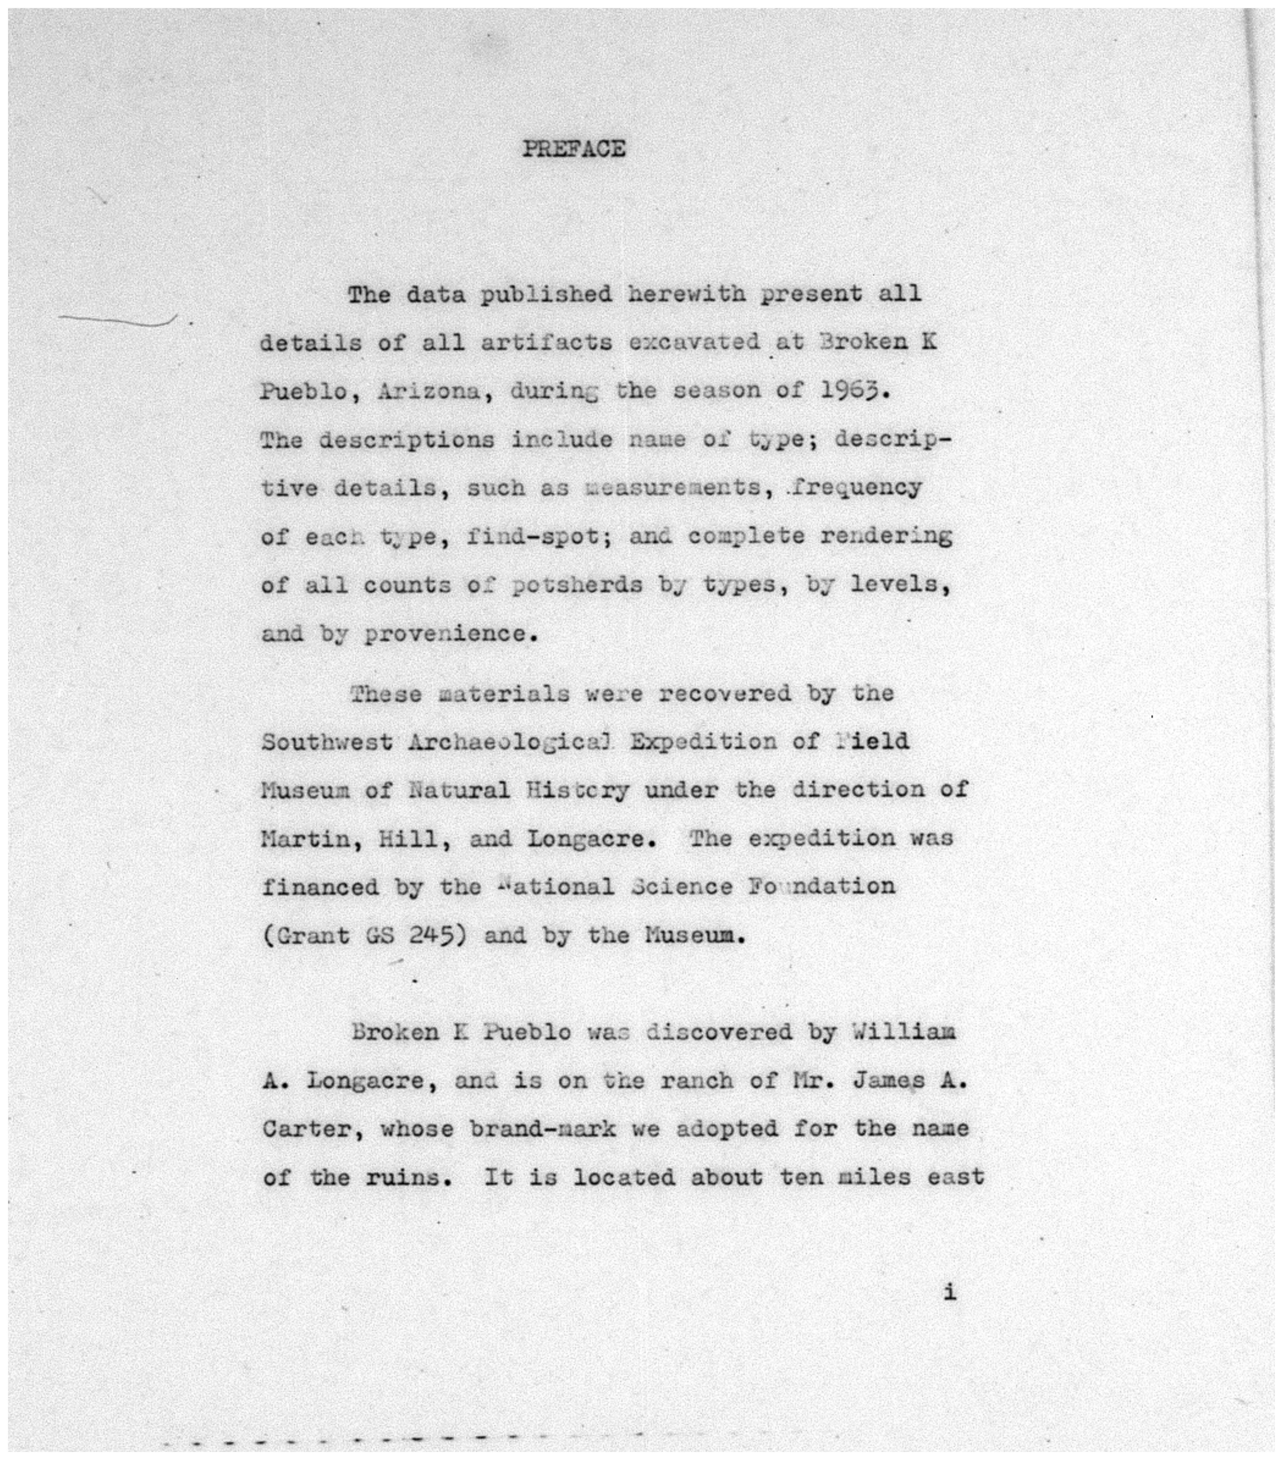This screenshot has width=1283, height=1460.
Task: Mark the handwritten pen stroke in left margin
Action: (118, 321)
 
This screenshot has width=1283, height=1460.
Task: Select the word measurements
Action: (672, 488)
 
